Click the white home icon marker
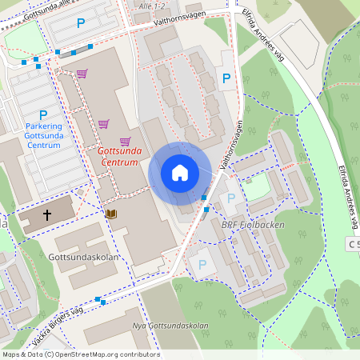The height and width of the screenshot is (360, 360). tap(180, 173)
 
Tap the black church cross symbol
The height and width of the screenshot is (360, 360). tap(47, 214)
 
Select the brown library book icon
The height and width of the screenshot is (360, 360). tap(110, 214)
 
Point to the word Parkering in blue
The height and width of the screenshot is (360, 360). tap(43, 126)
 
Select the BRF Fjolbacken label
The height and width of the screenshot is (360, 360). tap(252, 225)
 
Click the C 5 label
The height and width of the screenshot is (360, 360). tap(353, 242)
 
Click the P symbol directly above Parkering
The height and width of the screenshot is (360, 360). tap(43, 114)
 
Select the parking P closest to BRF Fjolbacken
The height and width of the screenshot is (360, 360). tap(232, 198)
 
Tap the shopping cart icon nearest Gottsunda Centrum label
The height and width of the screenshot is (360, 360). tap(125, 141)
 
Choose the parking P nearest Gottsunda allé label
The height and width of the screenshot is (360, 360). tap(80, 25)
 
